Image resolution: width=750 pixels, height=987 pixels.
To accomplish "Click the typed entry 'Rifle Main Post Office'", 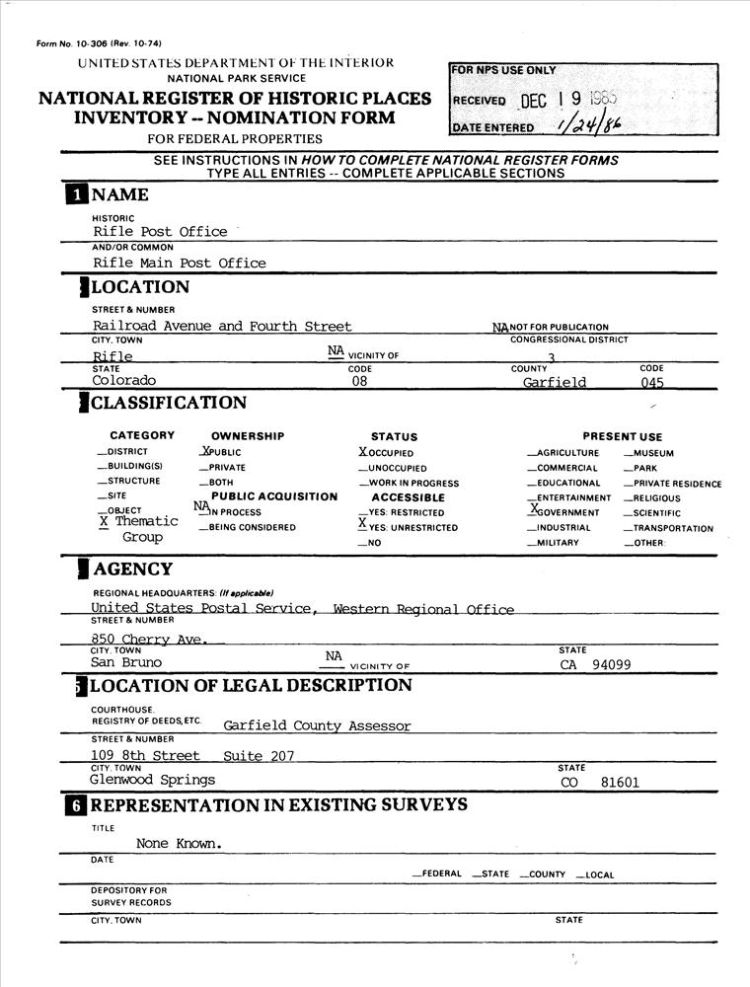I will (x=180, y=263).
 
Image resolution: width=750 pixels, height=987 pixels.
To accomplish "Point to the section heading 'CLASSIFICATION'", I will (x=169, y=403).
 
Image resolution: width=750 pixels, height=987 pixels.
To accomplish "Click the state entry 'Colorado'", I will (x=124, y=380).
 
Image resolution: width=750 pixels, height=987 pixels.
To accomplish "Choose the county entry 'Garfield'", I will (x=555, y=382).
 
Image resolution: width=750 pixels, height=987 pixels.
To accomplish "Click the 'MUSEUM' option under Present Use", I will (x=652, y=454).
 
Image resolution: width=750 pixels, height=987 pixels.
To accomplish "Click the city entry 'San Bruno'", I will (x=126, y=663).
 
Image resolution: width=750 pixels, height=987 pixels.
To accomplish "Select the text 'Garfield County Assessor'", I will (x=317, y=725).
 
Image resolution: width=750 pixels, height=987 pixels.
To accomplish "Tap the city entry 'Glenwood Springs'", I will (x=152, y=780).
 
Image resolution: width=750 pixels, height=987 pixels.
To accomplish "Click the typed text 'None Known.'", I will (x=179, y=844).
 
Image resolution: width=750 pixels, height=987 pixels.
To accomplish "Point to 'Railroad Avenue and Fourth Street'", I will (x=222, y=326).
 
